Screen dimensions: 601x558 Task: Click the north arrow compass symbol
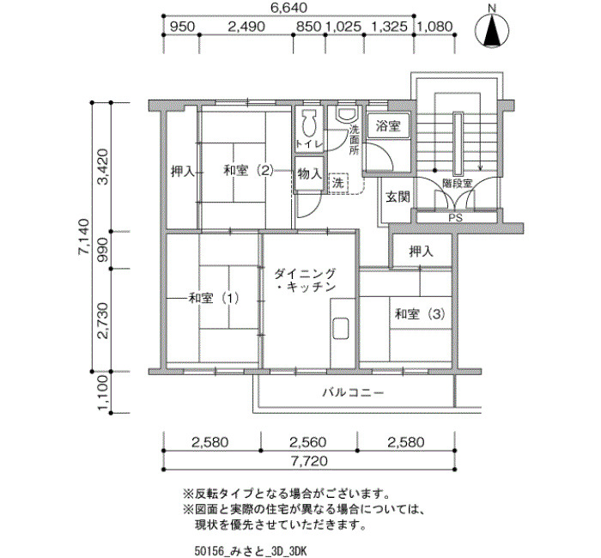pyautogui.click(x=492, y=31)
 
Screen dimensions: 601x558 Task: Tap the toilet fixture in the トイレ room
pyautogui.click(x=308, y=124)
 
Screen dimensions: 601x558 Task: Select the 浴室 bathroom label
pyautogui.click(x=388, y=125)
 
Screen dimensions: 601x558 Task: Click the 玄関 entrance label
pyautogui.click(x=398, y=197)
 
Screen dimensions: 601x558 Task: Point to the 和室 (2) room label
pyautogui.click(x=249, y=170)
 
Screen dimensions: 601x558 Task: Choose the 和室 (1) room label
pyautogui.click(x=214, y=298)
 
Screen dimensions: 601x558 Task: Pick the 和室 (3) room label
pyautogui.click(x=421, y=314)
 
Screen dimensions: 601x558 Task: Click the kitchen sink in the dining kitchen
pyautogui.click(x=341, y=329)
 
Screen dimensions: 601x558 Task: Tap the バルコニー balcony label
pyautogui.click(x=353, y=392)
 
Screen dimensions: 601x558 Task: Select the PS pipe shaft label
pyautogui.click(x=456, y=218)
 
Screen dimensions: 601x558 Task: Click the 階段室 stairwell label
pyautogui.click(x=458, y=183)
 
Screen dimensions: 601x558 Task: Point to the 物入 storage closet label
pyautogui.click(x=310, y=174)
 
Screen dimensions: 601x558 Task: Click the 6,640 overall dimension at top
pyautogui.click(x=289, y=8)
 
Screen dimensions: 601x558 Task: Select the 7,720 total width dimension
pyautogui.click(x=309, y=461)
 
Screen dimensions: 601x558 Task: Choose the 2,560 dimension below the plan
pyautogui.click(x=307, y=442)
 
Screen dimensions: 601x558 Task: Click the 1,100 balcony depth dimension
pyautogui.click(x=104, y=392)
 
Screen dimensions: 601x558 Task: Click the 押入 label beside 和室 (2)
pyautogui.click(x=183, y=172)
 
